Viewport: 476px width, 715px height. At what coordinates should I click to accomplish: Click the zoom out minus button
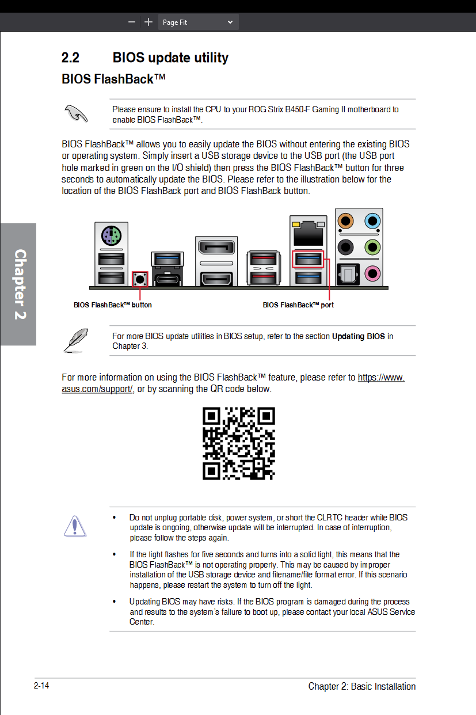[132, 22]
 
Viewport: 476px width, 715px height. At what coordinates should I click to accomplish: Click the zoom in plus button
[148, 22]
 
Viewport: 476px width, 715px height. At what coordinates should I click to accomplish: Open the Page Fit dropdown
[198, 22]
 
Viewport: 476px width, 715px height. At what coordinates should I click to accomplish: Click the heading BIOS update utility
[170, 58]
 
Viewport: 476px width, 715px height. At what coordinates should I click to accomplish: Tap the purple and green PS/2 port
[111, 235]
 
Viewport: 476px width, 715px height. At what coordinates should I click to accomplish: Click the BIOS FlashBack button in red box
[140, 279]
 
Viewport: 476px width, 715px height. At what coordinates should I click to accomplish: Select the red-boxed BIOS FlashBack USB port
[308, 259]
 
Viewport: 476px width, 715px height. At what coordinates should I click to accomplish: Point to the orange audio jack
[345, 220]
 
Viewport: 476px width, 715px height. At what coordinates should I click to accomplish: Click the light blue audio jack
[373, 220]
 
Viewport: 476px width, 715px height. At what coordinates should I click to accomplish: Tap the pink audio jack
[373, 272]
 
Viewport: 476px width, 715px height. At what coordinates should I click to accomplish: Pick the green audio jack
[373, 247]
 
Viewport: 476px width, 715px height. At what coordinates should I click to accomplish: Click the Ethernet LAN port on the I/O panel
[308, 233]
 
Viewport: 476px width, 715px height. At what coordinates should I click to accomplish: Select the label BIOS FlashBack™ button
[113, 305]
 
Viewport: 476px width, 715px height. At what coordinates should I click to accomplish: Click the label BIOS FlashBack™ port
[298, 305]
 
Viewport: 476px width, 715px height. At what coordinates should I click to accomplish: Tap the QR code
[238, 443]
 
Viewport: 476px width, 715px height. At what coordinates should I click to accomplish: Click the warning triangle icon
[75, 526]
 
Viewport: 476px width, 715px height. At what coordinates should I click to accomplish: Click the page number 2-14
[41, 686]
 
